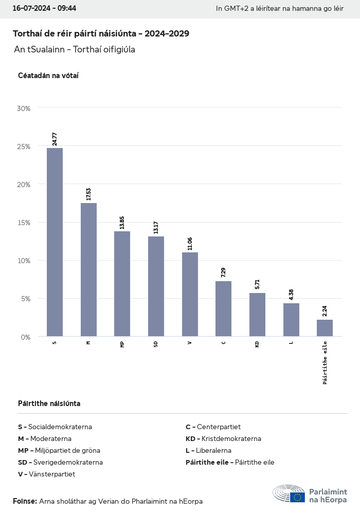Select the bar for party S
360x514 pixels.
pyautogui.click(x=55, y=242)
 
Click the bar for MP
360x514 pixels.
pyautogui.click(x=122, y=284)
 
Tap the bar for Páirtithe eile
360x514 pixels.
pyautogui.click(x=325, y=328)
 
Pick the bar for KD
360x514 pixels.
pyautogui.click(x=257, y=315)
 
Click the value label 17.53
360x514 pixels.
pyautogui.click(x=88, y=194)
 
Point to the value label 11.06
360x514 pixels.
pyautogui.click(x=190, y=244)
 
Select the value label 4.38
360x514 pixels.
pyautogui.click(x=291, y=295)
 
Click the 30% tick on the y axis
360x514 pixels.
pyautogui.click(x=24, y=108)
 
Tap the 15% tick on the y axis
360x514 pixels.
pyautogui.click(x=24, y=223)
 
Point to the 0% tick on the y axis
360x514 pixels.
pyautogui.click(x=26, y=337)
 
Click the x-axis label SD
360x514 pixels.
pyautogui.click(x=156, y=344)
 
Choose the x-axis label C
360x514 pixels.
pyautogui.click(x=223, y=342)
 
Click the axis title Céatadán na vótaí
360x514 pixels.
pyautogui.click(x=48, y=76)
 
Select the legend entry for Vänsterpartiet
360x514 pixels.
pyautogui.click(x=46, y=474)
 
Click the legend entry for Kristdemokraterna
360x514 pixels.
pyautogui.click(x=223, y=438)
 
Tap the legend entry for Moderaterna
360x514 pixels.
pyautogui.click(x=45, y=438)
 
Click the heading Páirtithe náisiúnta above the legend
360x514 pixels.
pyautogui.click(x=49, y=403)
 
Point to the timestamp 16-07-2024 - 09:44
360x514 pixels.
pyautogui.click(x=44, y=8)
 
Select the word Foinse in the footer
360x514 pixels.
pyautogui.click(x=25, y=501)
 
